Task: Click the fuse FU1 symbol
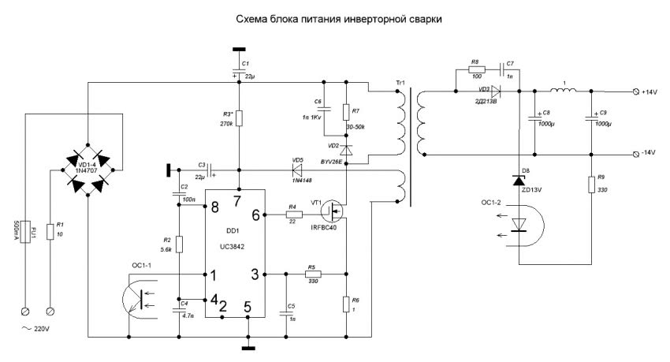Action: pyautogui.click(x=27, y=230)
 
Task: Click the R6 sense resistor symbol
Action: pyautogui.click(x=346, y=304)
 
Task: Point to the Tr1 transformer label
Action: pyautogui.click(x=400, y=84)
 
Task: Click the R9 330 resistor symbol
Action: pyautogui.click(x=591, y=185)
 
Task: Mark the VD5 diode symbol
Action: pyautogui.click(x=298, y=168)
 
